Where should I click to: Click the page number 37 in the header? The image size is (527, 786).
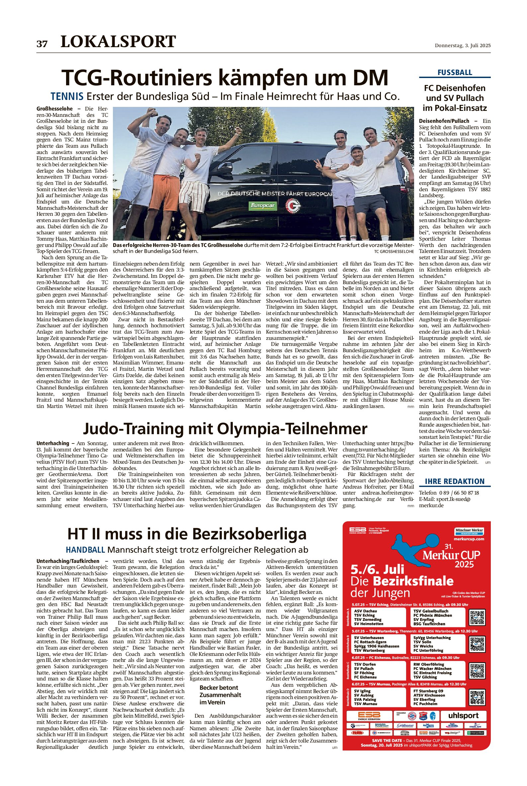pos(42,44)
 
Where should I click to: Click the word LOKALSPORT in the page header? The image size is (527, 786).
pos(118,42)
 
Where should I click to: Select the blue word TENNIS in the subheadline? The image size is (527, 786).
pos(67,97)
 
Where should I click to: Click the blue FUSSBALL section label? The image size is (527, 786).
pos(454,73)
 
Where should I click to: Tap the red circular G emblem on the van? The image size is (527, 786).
pos(293,205)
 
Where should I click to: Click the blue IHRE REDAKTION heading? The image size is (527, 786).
pos(454,481)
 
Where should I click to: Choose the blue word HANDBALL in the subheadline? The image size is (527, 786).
pos(85,550)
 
